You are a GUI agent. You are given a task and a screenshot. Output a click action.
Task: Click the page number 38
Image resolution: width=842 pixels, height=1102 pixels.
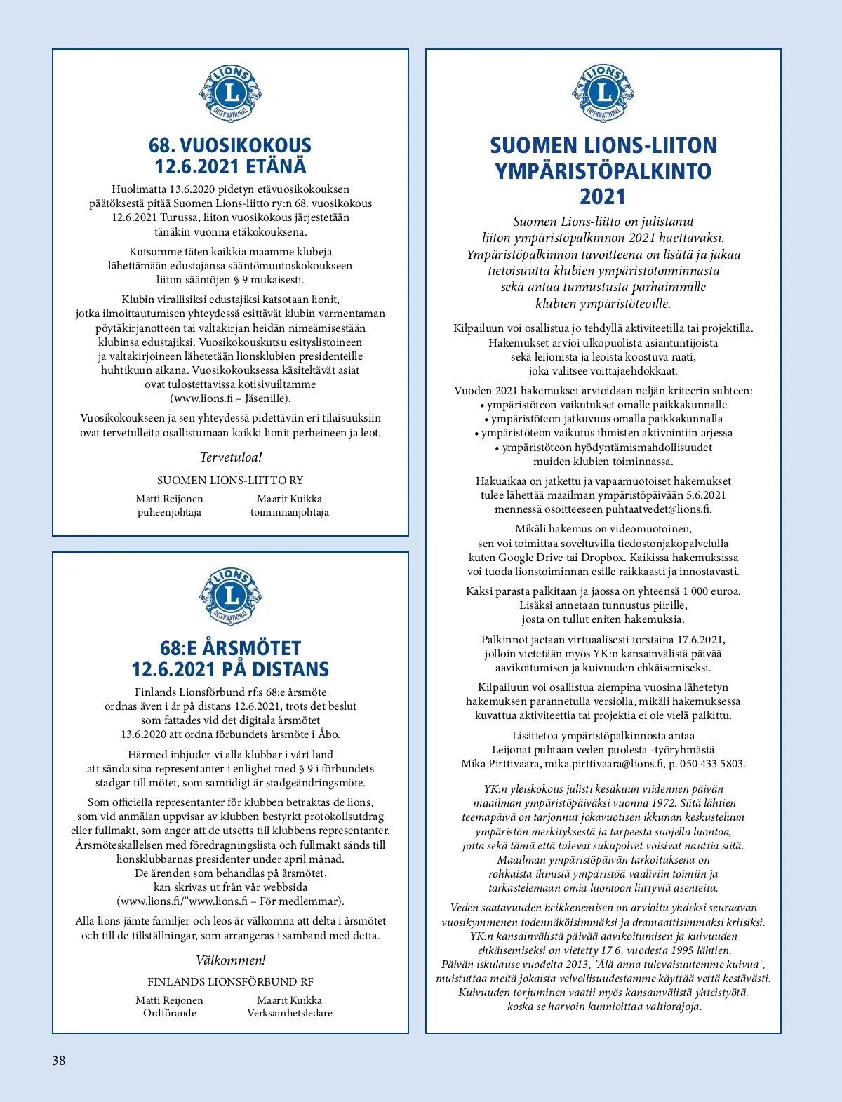point(59,1060)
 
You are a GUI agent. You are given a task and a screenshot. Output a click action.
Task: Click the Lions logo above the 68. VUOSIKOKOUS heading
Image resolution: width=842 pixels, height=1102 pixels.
point(230,93)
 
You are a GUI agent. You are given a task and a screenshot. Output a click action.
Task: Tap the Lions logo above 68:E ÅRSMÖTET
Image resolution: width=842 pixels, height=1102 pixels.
point(230,596)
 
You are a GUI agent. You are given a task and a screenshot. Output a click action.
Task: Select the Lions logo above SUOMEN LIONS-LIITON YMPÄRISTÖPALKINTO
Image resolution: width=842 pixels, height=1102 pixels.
point(603,93)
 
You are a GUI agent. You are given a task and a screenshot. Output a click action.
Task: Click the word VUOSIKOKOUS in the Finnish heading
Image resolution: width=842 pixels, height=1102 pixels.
point(246,145)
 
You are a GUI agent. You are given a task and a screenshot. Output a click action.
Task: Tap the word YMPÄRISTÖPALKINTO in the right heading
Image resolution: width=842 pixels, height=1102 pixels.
point(603,171)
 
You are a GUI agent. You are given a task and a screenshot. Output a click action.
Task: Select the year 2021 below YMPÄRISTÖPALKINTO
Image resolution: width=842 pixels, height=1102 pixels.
point(603,197)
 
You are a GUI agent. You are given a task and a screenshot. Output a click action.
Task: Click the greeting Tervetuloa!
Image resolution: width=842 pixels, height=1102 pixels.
point(231,457)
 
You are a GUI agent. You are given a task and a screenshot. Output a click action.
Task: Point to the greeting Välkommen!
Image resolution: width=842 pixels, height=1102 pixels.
point(231,960)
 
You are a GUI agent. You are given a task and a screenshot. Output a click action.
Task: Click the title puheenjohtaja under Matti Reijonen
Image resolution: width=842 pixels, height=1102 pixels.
point(169,512)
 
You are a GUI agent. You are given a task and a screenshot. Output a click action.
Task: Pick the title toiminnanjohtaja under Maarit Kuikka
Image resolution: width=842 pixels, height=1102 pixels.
point(290,512)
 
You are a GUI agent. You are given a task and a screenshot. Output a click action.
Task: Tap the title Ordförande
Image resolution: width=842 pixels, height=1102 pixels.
point(170,1013)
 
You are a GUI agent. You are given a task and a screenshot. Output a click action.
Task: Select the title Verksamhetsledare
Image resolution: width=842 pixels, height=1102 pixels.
point(290,1013)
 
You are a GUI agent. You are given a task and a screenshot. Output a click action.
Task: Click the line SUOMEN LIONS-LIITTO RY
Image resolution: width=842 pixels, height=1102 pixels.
point(230,480)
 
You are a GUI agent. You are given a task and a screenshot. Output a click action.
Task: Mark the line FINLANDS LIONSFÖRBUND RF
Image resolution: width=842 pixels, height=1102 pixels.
point(230,981)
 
